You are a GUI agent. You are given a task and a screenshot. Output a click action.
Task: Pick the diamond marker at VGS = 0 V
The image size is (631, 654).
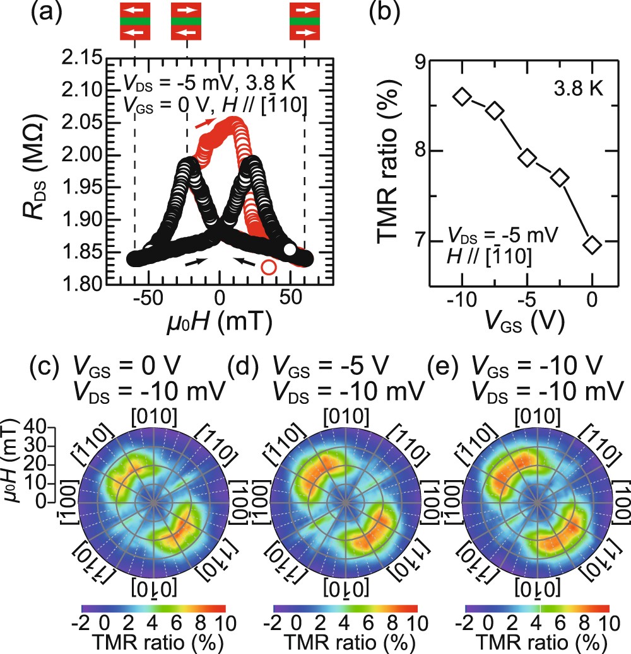[x=592, y=244]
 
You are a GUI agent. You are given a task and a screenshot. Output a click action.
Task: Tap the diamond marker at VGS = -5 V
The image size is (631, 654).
[x=527, y=158]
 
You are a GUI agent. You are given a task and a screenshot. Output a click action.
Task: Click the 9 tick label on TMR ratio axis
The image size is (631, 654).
[x=416, y=61]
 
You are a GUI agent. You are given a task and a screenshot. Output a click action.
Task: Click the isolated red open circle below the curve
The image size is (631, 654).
[x=269, y=267]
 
